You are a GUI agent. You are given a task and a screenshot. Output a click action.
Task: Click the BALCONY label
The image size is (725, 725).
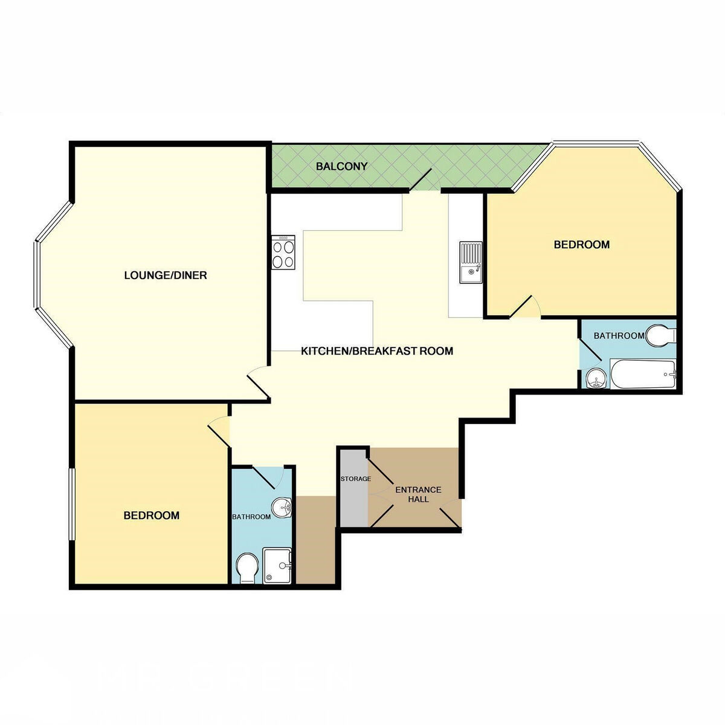coord(341,166)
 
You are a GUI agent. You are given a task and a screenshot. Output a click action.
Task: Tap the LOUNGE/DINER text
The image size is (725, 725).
coord(166,275)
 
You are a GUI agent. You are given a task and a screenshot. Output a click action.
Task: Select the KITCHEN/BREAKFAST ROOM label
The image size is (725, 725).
coord(377,351)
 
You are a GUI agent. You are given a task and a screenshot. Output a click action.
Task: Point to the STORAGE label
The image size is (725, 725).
coord(355,479)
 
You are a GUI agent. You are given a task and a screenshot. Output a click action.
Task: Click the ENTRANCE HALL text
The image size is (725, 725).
coord(418,494)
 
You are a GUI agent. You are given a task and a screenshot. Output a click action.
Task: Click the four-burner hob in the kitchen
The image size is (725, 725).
coord(283,252)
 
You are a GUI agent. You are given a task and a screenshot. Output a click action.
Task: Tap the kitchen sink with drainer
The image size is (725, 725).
coord(471,263)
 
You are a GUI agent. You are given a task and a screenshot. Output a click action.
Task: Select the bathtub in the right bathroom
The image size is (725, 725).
coord(643,375)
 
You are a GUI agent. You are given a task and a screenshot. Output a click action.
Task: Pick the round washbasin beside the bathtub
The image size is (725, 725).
coord(596,378)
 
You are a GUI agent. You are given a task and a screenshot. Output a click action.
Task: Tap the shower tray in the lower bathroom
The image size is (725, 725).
coord(277,565)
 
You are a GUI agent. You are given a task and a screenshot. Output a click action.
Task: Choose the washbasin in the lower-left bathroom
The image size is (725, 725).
coord(282,507)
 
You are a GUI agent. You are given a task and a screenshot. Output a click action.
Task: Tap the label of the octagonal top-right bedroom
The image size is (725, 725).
coord(582,245)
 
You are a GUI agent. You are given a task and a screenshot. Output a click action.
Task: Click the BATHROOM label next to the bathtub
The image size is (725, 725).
coord(619,335)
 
